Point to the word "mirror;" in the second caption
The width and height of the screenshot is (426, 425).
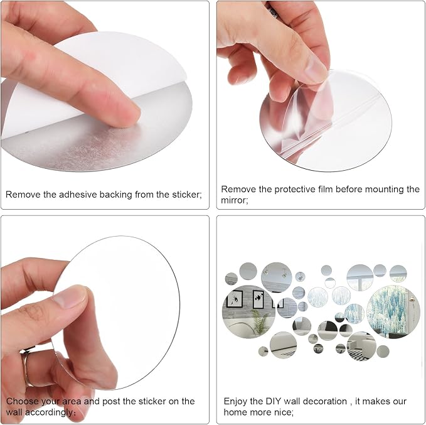235,200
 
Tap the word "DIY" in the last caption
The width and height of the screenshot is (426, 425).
274,401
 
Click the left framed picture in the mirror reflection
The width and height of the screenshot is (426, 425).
235,299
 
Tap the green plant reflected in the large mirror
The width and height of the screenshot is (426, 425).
260,321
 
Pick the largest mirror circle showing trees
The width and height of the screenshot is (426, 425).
393,311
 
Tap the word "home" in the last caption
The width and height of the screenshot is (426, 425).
236,412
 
